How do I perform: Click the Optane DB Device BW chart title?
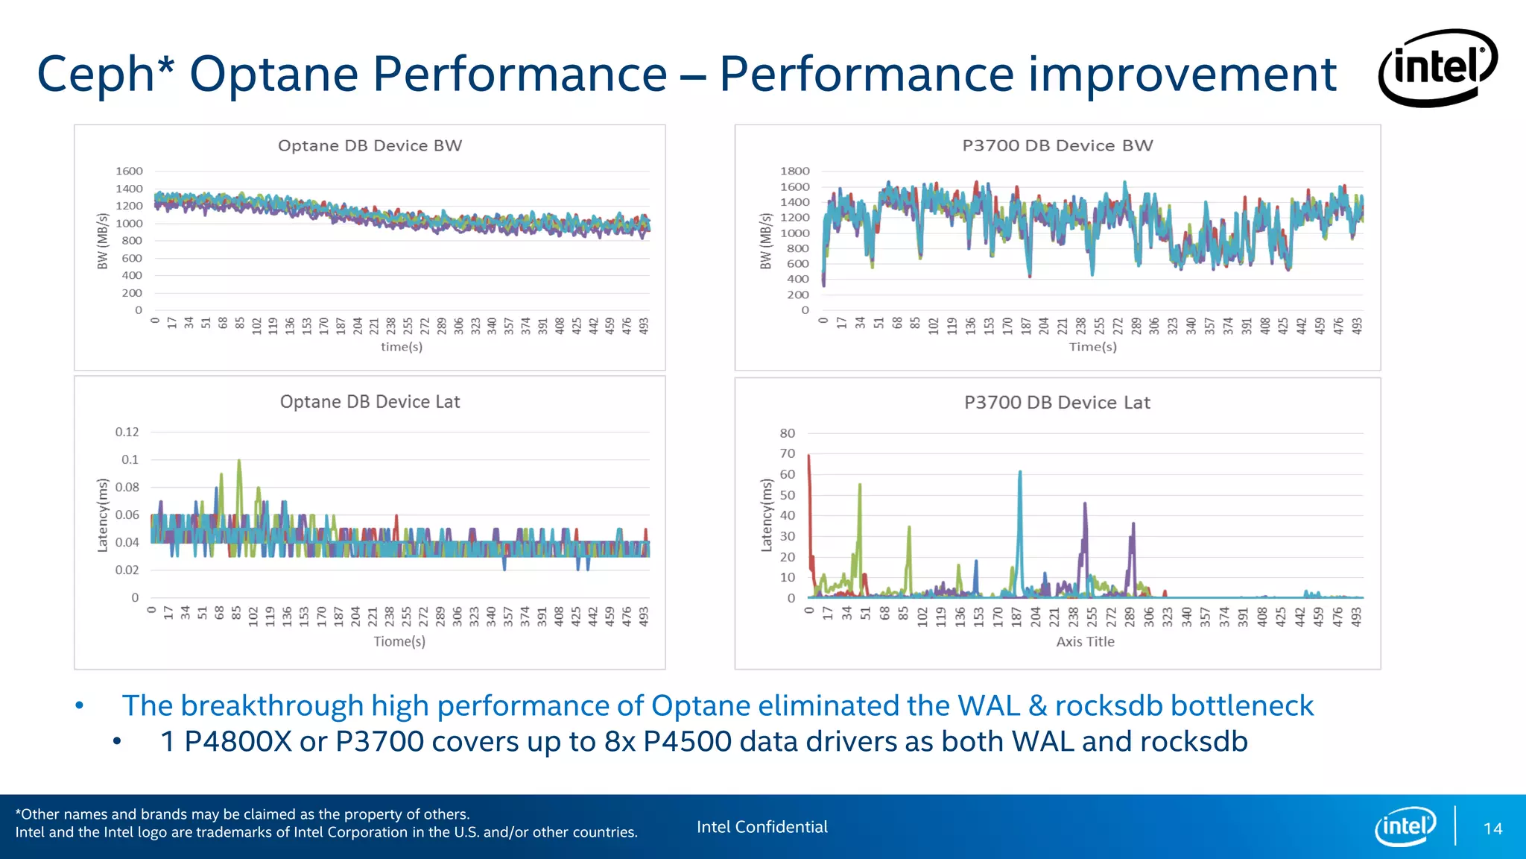pyautogui.click(x=370, y=145)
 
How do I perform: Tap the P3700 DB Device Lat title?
pyautogui.click(x=1057, y=403)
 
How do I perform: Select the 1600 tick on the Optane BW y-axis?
pyautogui.click(x=129, y=171)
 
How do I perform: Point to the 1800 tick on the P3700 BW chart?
pyautogui.click(x=794, y=171)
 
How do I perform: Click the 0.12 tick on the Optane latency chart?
pyautogui.click(x=127, y=432)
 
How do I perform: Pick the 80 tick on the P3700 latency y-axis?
pyautogui.click(x=787, y=433)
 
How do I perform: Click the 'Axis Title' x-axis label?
pyautogui.click(x=1085, y=641)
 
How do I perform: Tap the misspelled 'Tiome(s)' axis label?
pyautogui.click(x=399, y=641)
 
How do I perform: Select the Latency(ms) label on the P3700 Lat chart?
pyautogui.click(x=767, y=515)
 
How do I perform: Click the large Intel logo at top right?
pyautogui.click(x=1437, y=68)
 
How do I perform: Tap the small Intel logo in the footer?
pyautogui.click(x=1405, y=826)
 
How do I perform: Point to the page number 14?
pyautogui.click(x=1492, y=828)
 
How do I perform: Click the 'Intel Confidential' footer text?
pyautogui.click(x=762, y=827)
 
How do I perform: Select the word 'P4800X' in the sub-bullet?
pyautogui.click(x=238, y=741)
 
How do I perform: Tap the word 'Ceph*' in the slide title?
pyautogui.click(x=105, y=74)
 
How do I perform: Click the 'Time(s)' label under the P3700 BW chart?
pyautogui.click(x=1092, y=347)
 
